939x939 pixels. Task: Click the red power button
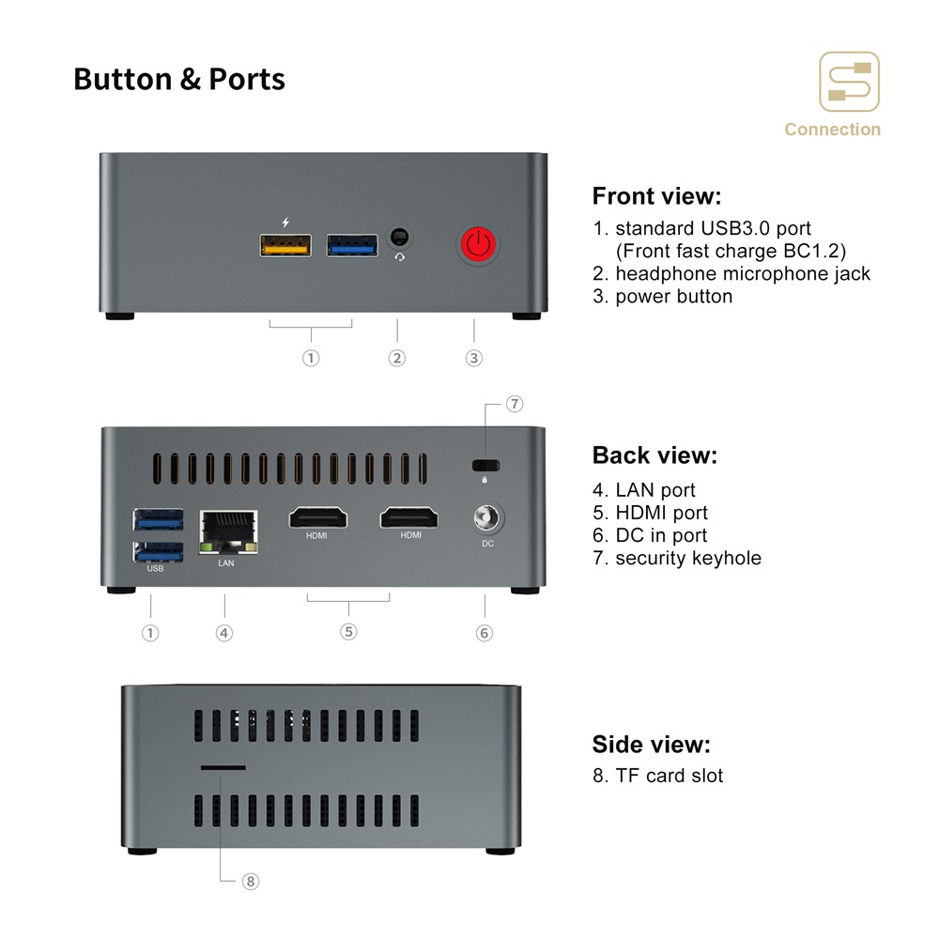pos(479,244)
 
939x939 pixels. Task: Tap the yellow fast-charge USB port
pos(285,245)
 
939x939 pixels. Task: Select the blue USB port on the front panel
pos(352,245)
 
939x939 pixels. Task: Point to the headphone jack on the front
pos(399,238)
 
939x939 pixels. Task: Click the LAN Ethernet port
pos(228,531)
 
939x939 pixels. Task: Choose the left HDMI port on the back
pos(318,517)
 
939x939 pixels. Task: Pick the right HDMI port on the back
pos(409,517)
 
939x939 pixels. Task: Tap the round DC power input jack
pos(486,517)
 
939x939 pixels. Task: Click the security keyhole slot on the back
pos(485,466)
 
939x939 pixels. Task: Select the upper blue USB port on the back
pos(158,519)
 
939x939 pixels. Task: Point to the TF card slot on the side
pos(223,767)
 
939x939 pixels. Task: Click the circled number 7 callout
pos(515,404)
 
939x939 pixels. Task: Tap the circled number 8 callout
pos(251,881)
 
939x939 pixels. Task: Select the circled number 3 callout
pos(473,358)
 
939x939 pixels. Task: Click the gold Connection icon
pos(849,82)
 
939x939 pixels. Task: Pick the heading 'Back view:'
pos(654,455)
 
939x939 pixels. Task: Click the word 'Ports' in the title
pos(247,79)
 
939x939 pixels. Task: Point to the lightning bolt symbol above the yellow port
pos(285,223)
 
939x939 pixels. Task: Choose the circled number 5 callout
pos(348,631)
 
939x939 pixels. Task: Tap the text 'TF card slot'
pos(669,776)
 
